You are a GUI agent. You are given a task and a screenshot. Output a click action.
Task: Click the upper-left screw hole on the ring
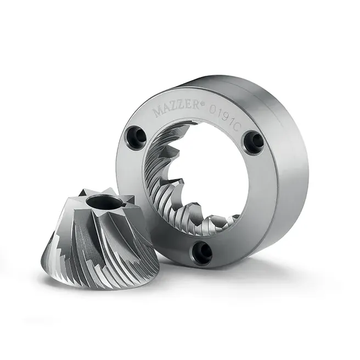tap(136, 137)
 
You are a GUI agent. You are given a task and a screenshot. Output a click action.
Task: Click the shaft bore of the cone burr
tap(102, 202)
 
